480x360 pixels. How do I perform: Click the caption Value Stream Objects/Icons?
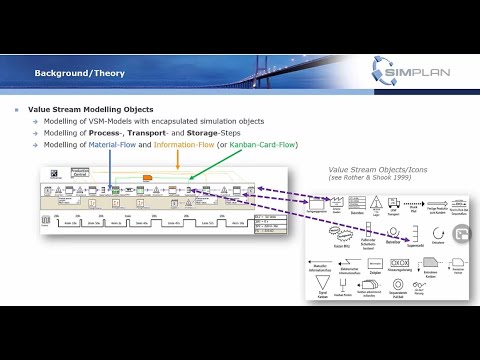tap(373, 169)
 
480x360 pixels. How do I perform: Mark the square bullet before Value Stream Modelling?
tap(16, 108)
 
